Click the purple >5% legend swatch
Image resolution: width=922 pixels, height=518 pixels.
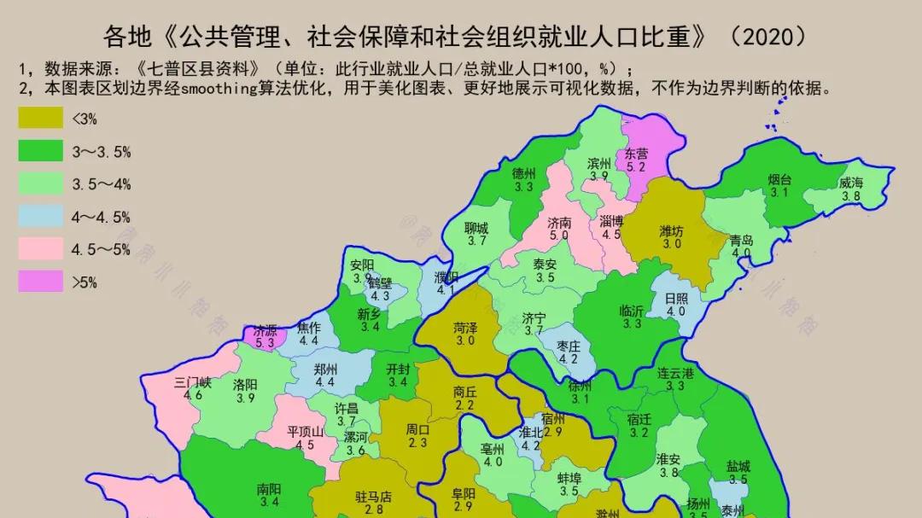(x=40, y=281)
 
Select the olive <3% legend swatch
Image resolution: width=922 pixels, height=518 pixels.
(x=40, y=119)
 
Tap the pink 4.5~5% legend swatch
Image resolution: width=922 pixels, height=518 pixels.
(x=40, y=248)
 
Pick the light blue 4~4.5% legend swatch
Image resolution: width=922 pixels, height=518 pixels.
(x=40, y=216)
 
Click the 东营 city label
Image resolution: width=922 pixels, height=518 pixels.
(x=636, y=154)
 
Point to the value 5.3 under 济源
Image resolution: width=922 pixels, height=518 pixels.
(x=265, y=343)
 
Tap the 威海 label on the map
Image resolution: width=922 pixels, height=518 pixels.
(x=850, y=183)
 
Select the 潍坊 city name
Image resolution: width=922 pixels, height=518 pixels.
(x=671, y=230)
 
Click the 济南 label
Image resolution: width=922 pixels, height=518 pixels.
(x=559, y=222)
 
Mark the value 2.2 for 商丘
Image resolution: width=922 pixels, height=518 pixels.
(x=464, y=405)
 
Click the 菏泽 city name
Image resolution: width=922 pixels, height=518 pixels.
(x=465, y=327)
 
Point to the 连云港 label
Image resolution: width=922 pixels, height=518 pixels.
(x=675, y=373)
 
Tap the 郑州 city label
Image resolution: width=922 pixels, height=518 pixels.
(x=325, y=369)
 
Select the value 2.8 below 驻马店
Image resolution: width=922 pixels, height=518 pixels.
(x=373, y=509)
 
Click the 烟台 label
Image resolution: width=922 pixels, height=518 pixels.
(x=779, y=180)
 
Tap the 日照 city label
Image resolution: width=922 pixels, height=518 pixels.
(x=675, y=298)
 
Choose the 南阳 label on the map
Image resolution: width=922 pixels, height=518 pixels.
(x=269, y=489)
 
